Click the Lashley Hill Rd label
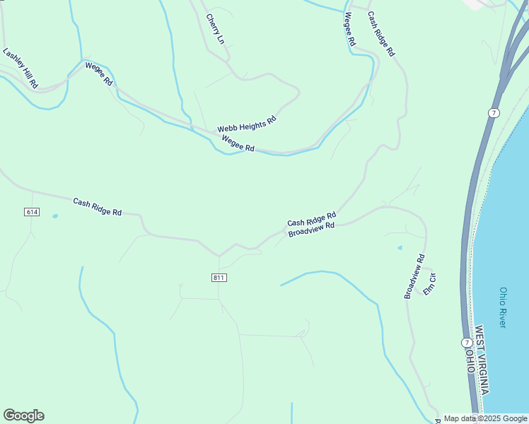pyautogui.click(x=20, y=68)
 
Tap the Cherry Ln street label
pyautogui.click(x=215, y=28)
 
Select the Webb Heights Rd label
pyautogui.click(x=246, y=124)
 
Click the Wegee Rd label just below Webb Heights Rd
pyautogui.click(x=238, y=143)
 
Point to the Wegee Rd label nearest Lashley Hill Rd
pyautogui.click(x=99, y=73)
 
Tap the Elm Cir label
pyautogui.click(x=429, y=283)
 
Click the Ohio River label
pyautogui.click(x=503, y=307)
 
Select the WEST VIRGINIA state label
pyautogui.click(x=482, y=360)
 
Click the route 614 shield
pyautogui.click(x=31, y=212)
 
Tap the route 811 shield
pyautogui.click(x=219, y=277)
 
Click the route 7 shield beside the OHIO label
pyautogui.click(x=458, y=343)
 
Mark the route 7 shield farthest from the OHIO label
pyautogui.click(x=493, y=113)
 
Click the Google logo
pyautogui.click(x=24, y=416)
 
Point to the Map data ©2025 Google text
pyautogui.click(x=484, y=418)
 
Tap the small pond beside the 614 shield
pyautogui.click(x=55, y=216)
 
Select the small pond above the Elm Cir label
pyautogui.click(x=400, y=248)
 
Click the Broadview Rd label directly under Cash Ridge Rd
pyautogui.click(x=311, y=230)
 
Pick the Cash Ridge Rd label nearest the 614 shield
pyautogui.click(x=98, y=207)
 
